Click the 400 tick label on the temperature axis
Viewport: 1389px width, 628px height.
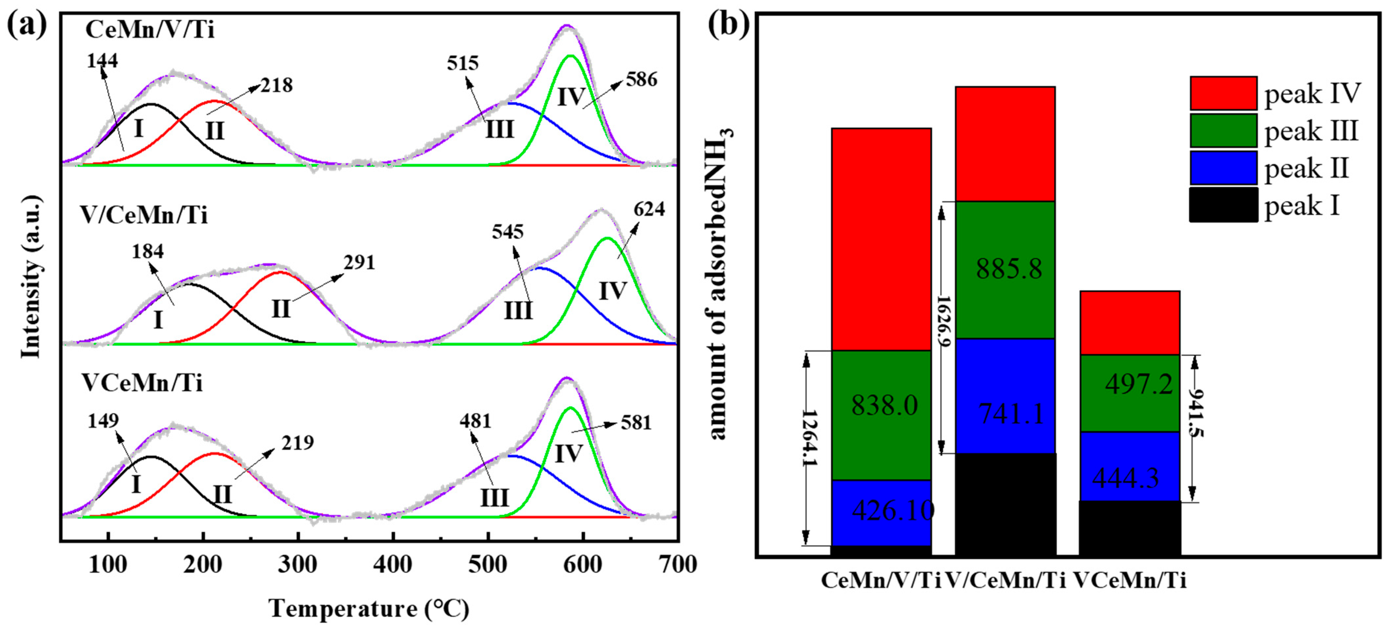click(x=393, y=565)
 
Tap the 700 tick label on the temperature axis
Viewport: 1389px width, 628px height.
click(x=678, y=565)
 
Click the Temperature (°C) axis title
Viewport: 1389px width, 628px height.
click(x=369, y=609)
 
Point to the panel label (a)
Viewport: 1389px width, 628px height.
click(x=27, y=25)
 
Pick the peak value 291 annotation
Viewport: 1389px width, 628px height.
click(x=359, y=262)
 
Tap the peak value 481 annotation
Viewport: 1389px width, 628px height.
click(x=475, y=421)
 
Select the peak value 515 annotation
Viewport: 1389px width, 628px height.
click(x=463, y=63)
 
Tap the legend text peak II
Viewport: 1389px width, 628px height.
click(x=1306, y=168)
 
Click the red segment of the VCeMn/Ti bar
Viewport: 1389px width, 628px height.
click(x=1130, y=322)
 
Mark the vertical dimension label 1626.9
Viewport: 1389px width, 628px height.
click(x=943, y=321)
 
